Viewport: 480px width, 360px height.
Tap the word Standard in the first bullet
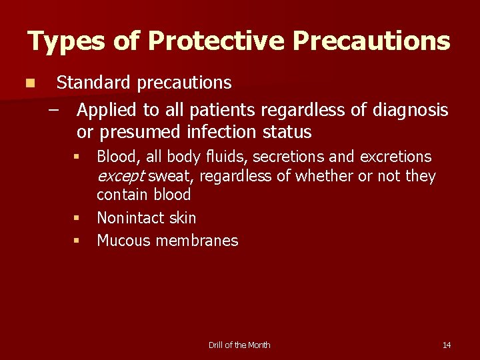pos(94,83)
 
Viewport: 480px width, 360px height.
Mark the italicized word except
pos(121,176)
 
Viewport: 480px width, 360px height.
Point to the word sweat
pos(171,176)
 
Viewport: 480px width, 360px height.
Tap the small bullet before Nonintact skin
pos(77,218)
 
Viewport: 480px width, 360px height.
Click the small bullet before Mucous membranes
pos(77,241)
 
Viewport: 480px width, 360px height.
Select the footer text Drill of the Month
pos(239,345)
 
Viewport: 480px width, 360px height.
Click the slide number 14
pos(446,345)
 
